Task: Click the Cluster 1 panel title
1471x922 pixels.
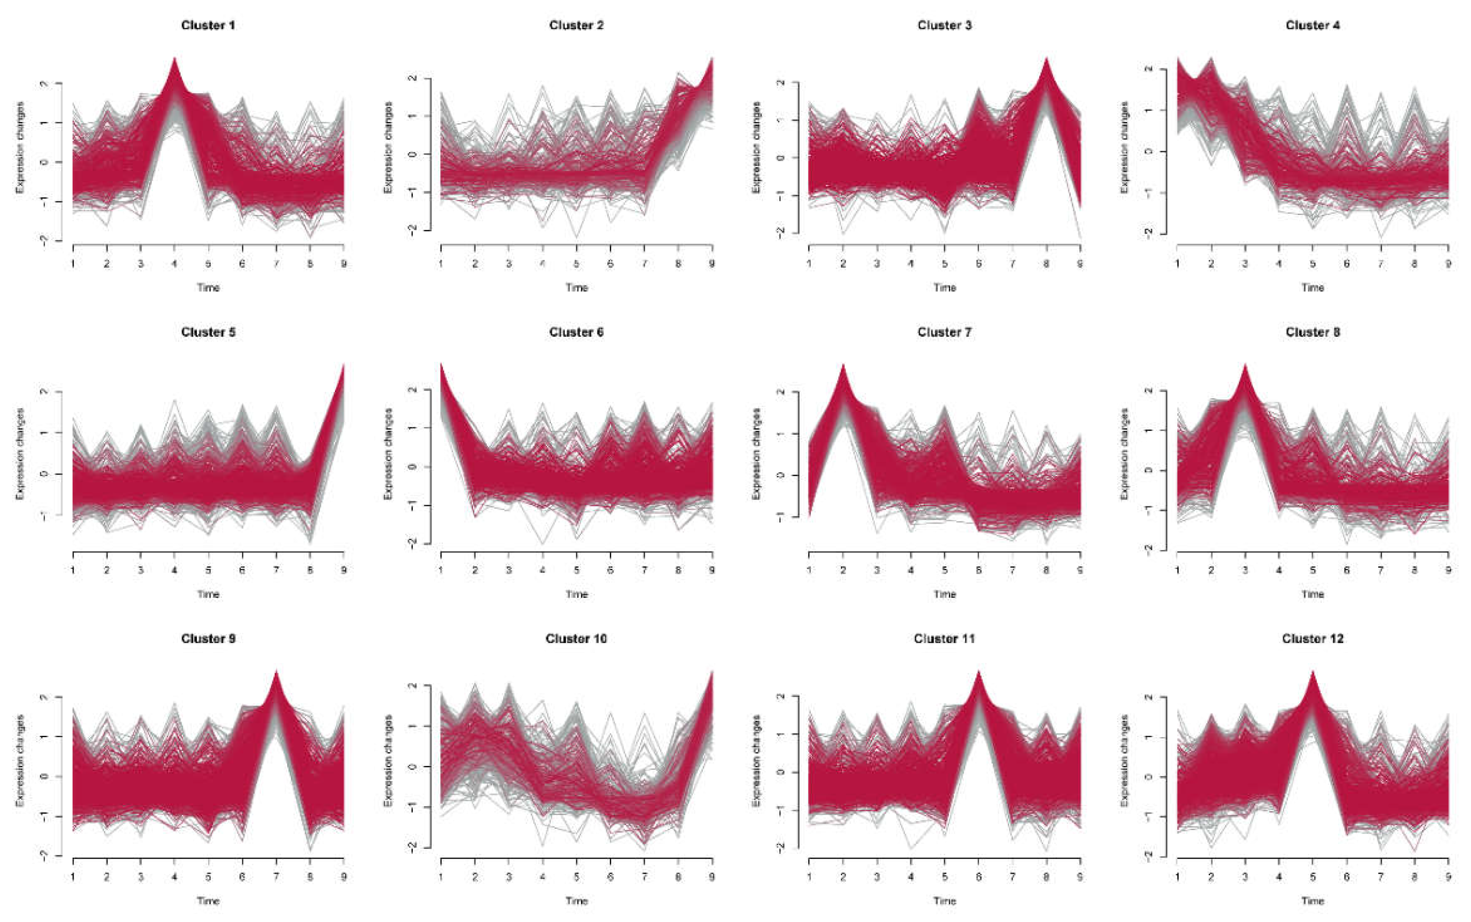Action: pyautogui.click(x=208, y=25)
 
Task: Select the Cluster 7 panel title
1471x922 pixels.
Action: pyautogui.click(x=944, y=332)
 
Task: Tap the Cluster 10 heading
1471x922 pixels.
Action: pyautogui.click(x=576, y=638)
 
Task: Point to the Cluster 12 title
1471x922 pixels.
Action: pyautogui.click(x=1313, y=638)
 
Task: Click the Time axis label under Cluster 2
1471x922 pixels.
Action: pyautogui.click(x=576, y=287)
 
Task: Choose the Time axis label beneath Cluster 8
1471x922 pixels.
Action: pyautogui.click(x=1313, y=594)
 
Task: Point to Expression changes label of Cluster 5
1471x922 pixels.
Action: pyautogui.click(x=20, y=455)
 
